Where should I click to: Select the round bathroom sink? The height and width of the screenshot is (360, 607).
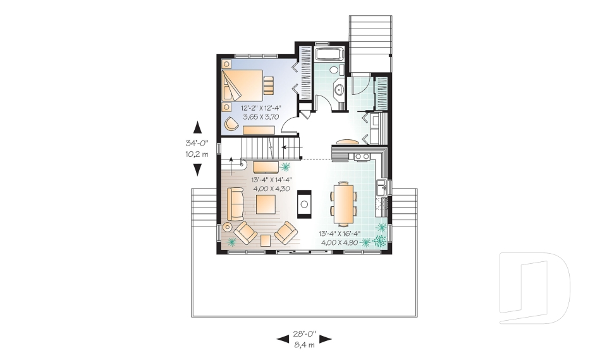point(338,90)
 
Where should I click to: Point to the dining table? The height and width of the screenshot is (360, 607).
point(344,203)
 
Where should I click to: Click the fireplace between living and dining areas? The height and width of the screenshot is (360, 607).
point(305,204)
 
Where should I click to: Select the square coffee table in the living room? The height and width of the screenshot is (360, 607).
point(266,204)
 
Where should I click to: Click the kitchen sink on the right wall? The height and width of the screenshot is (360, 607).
point(380,187)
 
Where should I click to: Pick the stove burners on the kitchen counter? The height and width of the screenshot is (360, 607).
point(362,155)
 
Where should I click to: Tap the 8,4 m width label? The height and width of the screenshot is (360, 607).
point(304,345)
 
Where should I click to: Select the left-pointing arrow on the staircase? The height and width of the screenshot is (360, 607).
point(286,147)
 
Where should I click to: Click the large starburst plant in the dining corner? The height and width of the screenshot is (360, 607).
point(380,240)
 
